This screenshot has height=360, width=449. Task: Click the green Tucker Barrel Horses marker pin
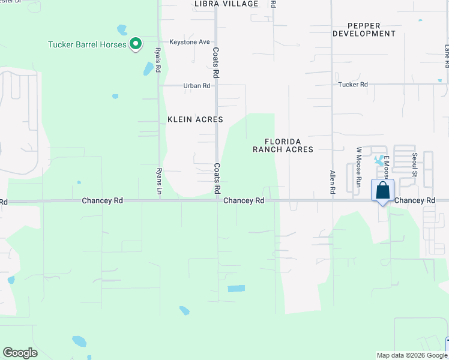pyautogui.click(x=136, y=44)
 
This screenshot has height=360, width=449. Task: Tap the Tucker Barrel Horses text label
pyautogui.click(x=87, y=44)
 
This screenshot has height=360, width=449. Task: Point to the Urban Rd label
pyautogui.click(x=197, y=86)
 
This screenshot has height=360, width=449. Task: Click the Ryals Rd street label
pyautogui.click(x=158, y=61)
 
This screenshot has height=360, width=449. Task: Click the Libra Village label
pyautogui.click(x=226, y=4)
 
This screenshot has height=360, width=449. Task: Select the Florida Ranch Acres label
pyautogui.click(x=283, y=145)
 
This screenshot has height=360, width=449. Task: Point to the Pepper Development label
pyautogui.click(x=364, y=29)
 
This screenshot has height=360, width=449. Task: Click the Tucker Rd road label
pyautogui.click(x=353, y=85)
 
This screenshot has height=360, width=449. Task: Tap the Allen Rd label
pyautogui.click(x=332, y=182)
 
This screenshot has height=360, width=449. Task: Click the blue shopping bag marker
pyautogui.click(x=382, y=191)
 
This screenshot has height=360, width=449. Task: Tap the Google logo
pyautogui.click(x=20, y=353)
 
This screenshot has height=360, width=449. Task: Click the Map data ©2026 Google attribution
pyautogui.click(x=411, y=355)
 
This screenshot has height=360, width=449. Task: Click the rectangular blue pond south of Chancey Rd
pyautogui.click(x=237, y=289)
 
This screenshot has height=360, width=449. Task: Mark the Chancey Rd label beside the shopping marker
pyautogui.click(x=415, y=200)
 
